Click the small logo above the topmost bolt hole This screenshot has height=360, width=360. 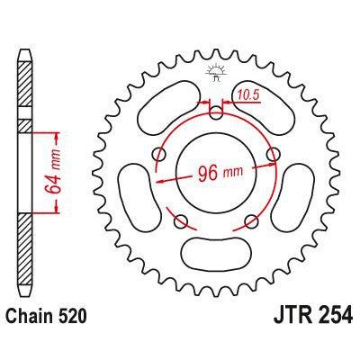[215, 70]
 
